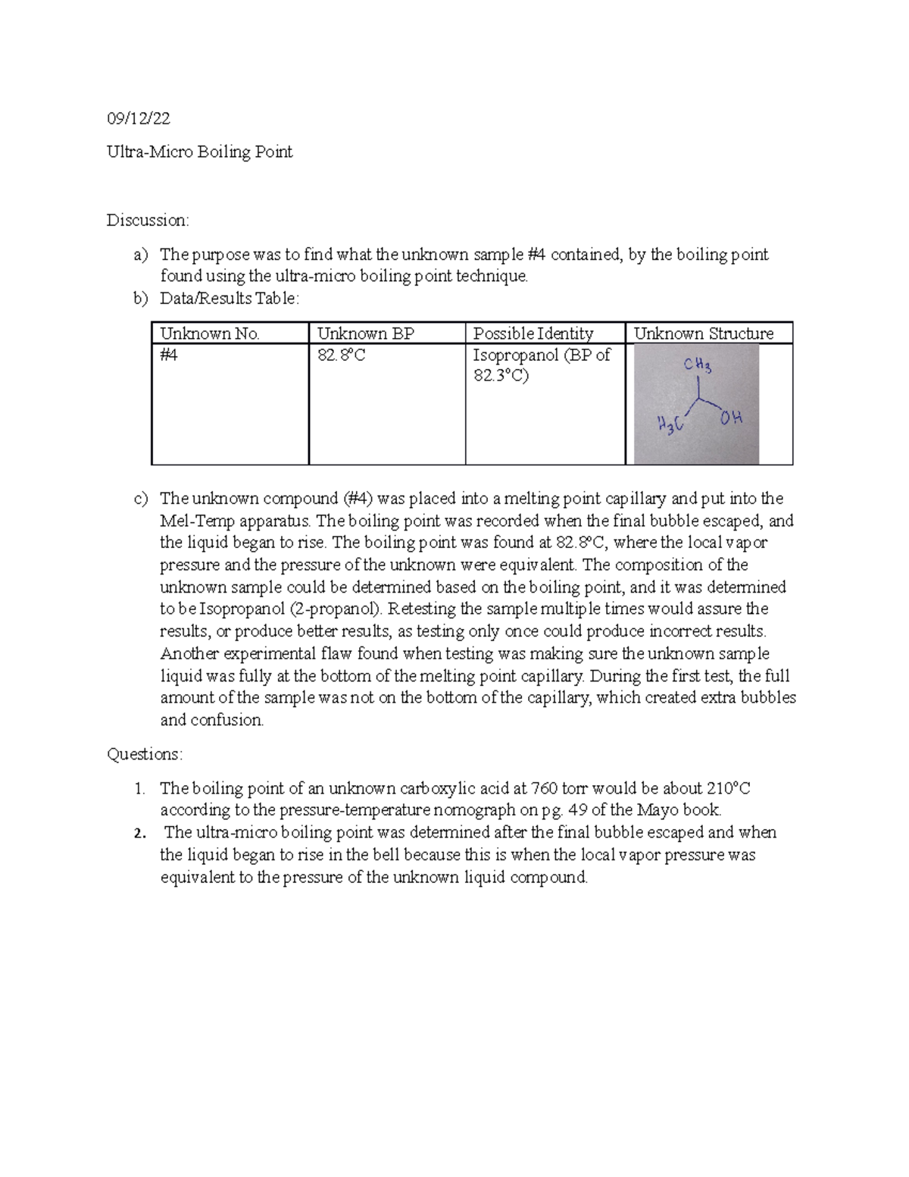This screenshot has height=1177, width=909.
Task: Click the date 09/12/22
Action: click(x=138, y=118)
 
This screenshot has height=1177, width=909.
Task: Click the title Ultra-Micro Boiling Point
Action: click(x=199, y=152)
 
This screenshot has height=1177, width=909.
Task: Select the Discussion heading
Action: click(x=148, y=221)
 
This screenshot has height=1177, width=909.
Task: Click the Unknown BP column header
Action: click(x=365, y=333)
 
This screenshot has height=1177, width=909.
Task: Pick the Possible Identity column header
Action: click(x=533, y=333)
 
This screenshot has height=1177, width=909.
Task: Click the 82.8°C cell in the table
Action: click(x=341, y=355)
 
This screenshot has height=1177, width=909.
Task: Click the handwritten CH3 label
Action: click(x=697, y=366)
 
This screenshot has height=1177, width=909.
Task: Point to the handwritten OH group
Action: click(x=731, y=418)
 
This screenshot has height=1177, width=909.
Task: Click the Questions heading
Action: click(x=145, y=754)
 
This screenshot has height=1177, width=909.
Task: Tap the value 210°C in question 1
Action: click(x=729, y=788)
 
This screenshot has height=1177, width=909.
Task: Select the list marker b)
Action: click(x=140, y=299)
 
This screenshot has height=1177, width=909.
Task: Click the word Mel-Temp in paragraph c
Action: click(x=186, y=521)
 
